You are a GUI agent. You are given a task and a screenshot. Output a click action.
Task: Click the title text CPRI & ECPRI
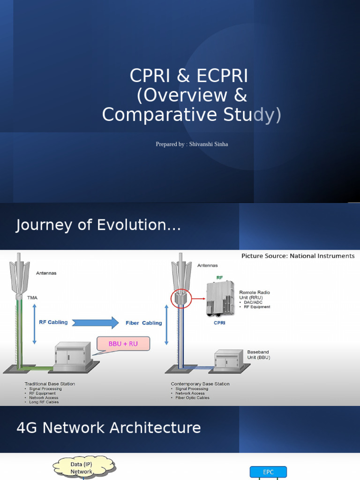coord(189,76)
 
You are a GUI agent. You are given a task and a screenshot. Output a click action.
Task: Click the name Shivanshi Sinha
coord(209,144)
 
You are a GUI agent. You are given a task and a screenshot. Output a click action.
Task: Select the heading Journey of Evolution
coord(98,225)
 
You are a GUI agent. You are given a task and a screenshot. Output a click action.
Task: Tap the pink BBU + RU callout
coord(123,344)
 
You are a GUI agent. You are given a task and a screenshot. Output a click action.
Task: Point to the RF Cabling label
coord(53,322)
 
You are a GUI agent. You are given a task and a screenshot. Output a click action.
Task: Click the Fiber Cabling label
coord(143,323)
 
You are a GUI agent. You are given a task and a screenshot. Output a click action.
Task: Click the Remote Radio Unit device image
coord(220,299)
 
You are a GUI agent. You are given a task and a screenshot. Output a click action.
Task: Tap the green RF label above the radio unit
coord(219,277)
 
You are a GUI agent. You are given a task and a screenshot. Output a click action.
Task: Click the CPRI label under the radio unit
coord(219,323)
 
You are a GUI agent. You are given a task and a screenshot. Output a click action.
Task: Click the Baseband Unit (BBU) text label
coord(258,355)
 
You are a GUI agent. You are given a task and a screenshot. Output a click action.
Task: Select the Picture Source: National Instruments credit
coord(298,256)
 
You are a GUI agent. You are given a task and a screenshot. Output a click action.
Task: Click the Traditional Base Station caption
coord(50,384)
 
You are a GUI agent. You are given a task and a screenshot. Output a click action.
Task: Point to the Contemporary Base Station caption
coord(200,384)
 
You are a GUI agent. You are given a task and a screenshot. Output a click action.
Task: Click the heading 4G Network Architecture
coord(109,428)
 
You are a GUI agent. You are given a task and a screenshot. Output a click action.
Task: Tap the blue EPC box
coord(268,472)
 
